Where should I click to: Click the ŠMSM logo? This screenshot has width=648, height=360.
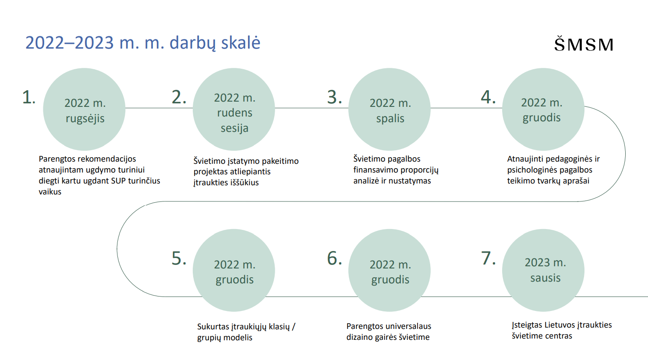coord(584,44)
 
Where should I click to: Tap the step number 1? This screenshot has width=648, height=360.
coord(28,97)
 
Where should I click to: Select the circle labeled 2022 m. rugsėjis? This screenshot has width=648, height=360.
coord(84,109)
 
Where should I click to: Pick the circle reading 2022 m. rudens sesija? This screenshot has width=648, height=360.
coord(234,109)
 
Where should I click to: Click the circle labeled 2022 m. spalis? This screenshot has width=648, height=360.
coord(390,109)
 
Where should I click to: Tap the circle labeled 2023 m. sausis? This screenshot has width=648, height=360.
coord(543,270)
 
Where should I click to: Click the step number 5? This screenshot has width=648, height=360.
coord(179,258)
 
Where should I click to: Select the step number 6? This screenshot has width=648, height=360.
coord(334,258)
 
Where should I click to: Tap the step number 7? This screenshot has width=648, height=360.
coord(489,258)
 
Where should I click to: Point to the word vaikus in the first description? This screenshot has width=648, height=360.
coord(50,192)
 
